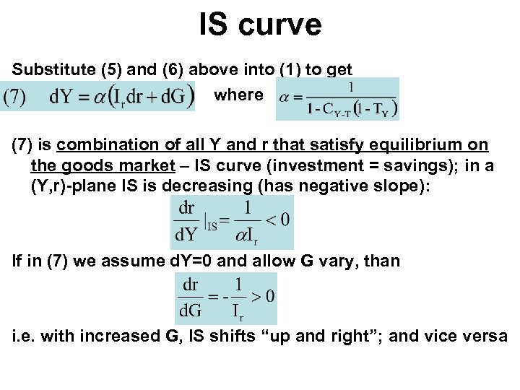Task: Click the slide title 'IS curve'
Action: pyautogui.click(x=260, y=25)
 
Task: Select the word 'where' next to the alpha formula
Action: pyautogui.click(x=238, y=95)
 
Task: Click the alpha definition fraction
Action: pyautogui.click(x=337, y=99)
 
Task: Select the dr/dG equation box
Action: pyautogui.click(x=226, y=298)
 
